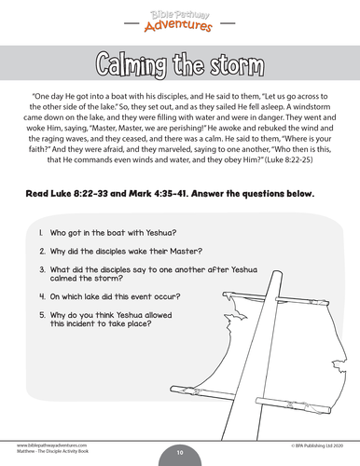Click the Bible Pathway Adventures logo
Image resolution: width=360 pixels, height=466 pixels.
[x=180, y=17]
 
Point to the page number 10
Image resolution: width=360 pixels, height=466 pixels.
[x=180, y=452]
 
